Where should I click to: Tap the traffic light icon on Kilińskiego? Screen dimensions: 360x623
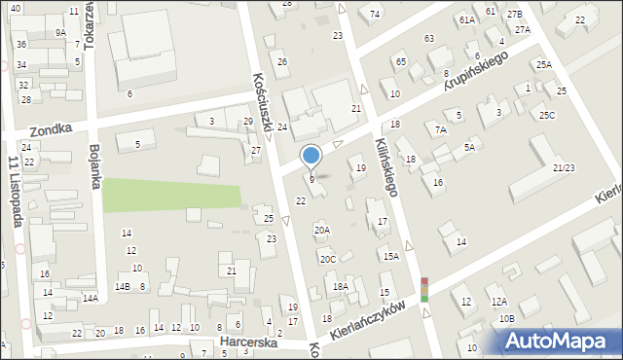(x=423, y=290)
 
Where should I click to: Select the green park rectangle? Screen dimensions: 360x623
(x=171, y=194)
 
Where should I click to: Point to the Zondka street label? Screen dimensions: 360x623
(x=52, y=129)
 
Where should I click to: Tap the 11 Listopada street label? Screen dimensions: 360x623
(x=15, y=191)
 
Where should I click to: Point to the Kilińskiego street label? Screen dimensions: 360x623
(x=386, y=166)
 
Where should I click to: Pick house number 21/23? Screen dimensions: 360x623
(x=563, y=168)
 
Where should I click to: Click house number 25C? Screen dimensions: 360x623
(x=548, y=116)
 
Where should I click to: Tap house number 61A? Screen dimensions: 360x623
(x=467, y=19)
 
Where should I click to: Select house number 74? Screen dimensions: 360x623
(x=375, y=14)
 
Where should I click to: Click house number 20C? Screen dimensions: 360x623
(x=328, y=259)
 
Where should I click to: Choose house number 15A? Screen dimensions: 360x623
(x=391, y=256)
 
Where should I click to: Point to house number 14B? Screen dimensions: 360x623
(x=122, y=287)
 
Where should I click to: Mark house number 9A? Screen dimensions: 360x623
(x=60, y=32)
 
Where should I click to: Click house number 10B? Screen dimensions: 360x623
(x=506, y=318)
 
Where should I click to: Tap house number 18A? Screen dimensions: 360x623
(x=340, y=286)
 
